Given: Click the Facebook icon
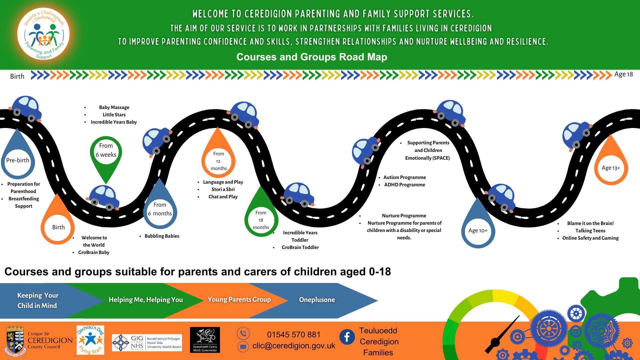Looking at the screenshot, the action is point(347,337).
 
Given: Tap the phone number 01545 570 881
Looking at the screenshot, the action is point(294,334).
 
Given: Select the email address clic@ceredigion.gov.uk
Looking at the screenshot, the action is point(294,346).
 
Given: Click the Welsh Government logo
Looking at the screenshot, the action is point(205,340).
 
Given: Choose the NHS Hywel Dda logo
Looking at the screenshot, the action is point(147,343).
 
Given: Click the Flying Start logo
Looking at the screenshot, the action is point(90,340).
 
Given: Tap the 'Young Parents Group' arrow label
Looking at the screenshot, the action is point(239,299).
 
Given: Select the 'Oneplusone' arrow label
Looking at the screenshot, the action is point(317,300).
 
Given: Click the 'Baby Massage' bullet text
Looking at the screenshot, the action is point(114,107).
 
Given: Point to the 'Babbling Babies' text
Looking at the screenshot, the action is point(162,236).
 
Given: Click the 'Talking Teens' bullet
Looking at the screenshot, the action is point(590,231).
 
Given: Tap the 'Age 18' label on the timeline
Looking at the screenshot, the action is point(624,74).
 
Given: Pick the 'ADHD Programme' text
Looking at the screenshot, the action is point(405,185).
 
